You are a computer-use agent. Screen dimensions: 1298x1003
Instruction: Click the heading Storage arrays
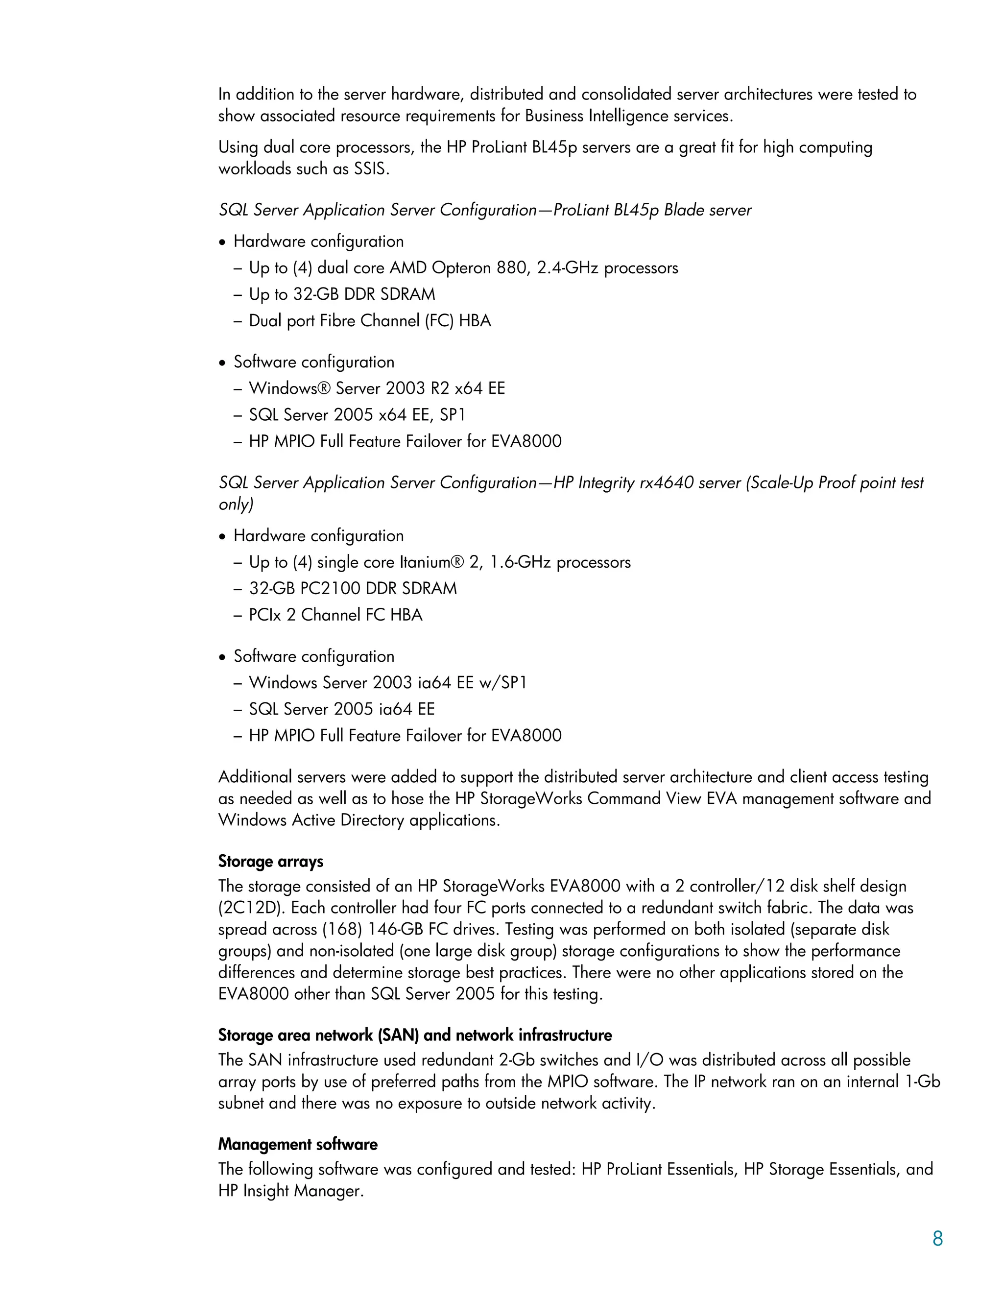(x=270, y=861)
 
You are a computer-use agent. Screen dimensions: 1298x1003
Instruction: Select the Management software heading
(x=297, y=1144)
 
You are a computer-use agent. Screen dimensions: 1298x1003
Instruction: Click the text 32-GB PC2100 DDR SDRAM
(x=353, y=588)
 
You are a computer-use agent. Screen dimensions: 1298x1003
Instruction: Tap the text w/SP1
(x=502, y=682)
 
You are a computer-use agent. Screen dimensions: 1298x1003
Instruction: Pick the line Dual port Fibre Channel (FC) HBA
(x=370, y=321)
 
